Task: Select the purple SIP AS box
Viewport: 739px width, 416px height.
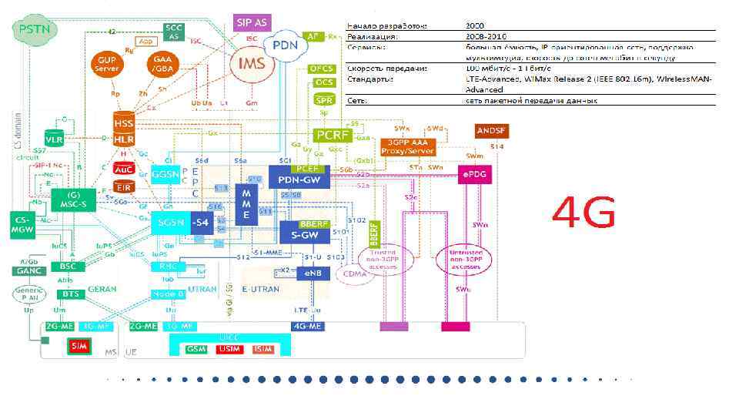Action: point(250,22)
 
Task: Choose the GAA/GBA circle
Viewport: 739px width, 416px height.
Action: point(162,64)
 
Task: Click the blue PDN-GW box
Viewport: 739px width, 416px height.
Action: point(299,176)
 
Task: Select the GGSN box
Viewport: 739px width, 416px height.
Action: point(166,175)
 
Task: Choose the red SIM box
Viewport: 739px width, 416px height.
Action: point(79,346)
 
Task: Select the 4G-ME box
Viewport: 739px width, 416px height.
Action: point(308,326)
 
